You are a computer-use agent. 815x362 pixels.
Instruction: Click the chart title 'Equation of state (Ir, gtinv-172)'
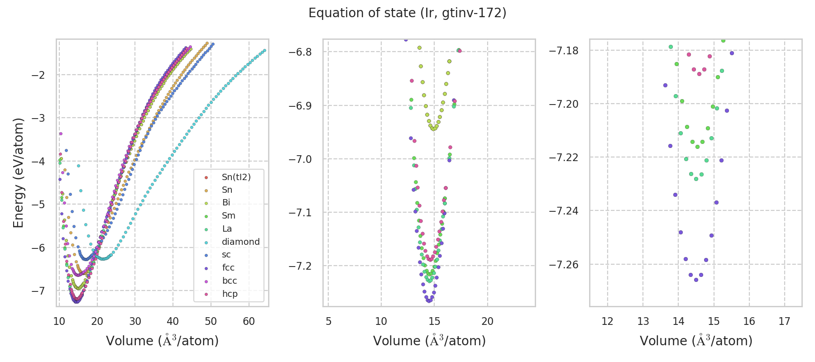[407, 13]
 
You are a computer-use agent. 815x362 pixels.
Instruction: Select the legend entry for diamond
[240, 242]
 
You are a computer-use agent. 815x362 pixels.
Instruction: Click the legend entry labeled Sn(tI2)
[236, 177]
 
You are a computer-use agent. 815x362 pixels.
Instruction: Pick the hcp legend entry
[230, 294]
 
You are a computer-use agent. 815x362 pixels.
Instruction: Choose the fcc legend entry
[228, 267]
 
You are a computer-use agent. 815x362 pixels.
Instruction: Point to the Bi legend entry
[226, 203]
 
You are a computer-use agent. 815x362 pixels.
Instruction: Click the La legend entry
[227, 229]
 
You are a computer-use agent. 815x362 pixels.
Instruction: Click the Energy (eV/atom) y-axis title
[19, 173]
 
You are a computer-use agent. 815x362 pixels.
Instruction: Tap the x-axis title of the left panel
[162, 341]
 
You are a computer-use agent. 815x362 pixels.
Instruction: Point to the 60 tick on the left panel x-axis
[249, 321]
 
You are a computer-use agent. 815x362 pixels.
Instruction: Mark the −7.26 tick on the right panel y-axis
[564, 264]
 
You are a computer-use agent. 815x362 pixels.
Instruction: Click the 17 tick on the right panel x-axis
[784, 321]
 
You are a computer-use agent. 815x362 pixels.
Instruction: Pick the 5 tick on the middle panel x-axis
[328, 321]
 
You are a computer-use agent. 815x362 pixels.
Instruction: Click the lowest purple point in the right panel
[696, 280]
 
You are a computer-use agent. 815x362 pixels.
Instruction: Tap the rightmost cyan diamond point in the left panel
[264, 50]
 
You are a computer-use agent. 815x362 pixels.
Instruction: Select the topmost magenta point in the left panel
[61, 133]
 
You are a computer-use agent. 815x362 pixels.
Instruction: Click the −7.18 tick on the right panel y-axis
[564, 50]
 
